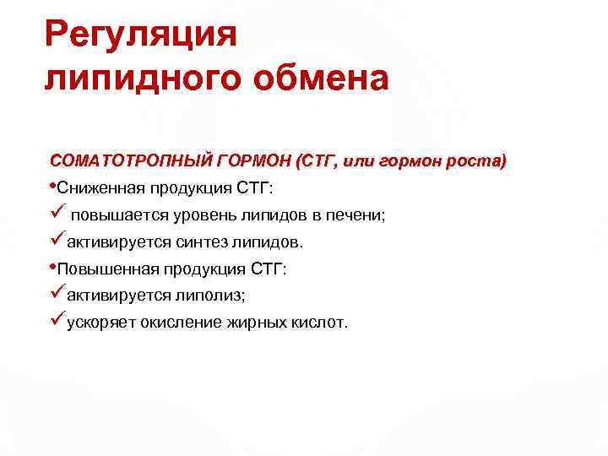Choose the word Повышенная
[102, 269]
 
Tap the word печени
[358, 214]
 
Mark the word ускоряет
[100, 323]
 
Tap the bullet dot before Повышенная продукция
[53, 267]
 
